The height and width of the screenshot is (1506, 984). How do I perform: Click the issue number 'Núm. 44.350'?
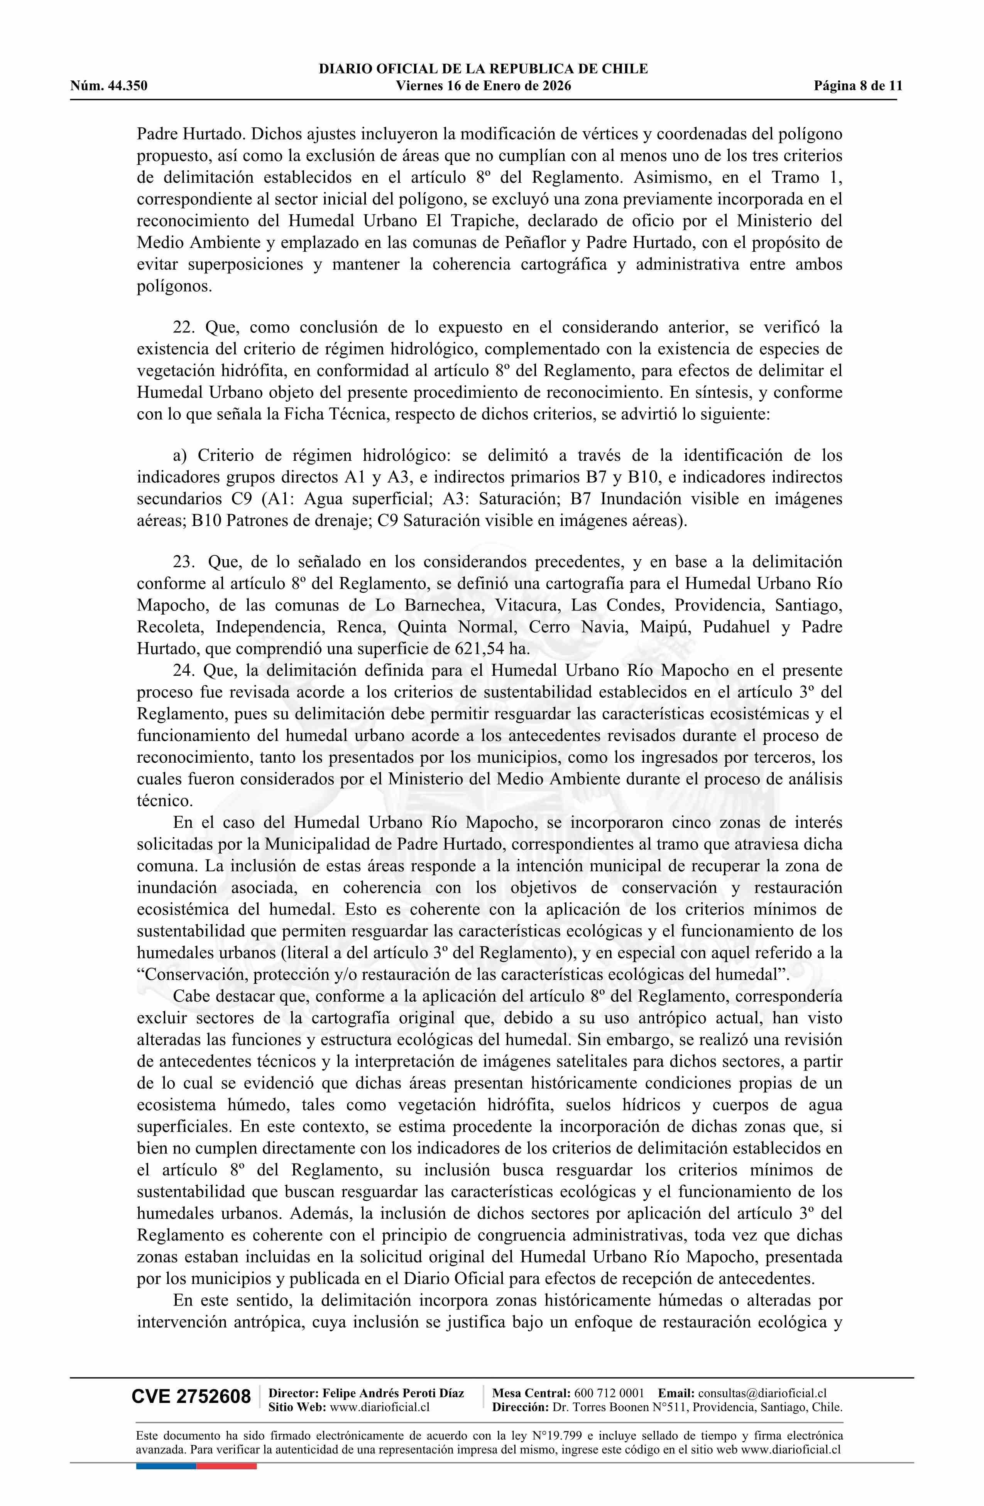(109, 86)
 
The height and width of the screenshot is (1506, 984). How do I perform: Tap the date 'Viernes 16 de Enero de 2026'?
(483, 86)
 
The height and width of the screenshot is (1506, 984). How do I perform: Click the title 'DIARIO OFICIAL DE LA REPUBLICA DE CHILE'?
(483, 69)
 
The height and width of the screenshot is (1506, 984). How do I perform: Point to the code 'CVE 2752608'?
(191, 1397)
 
